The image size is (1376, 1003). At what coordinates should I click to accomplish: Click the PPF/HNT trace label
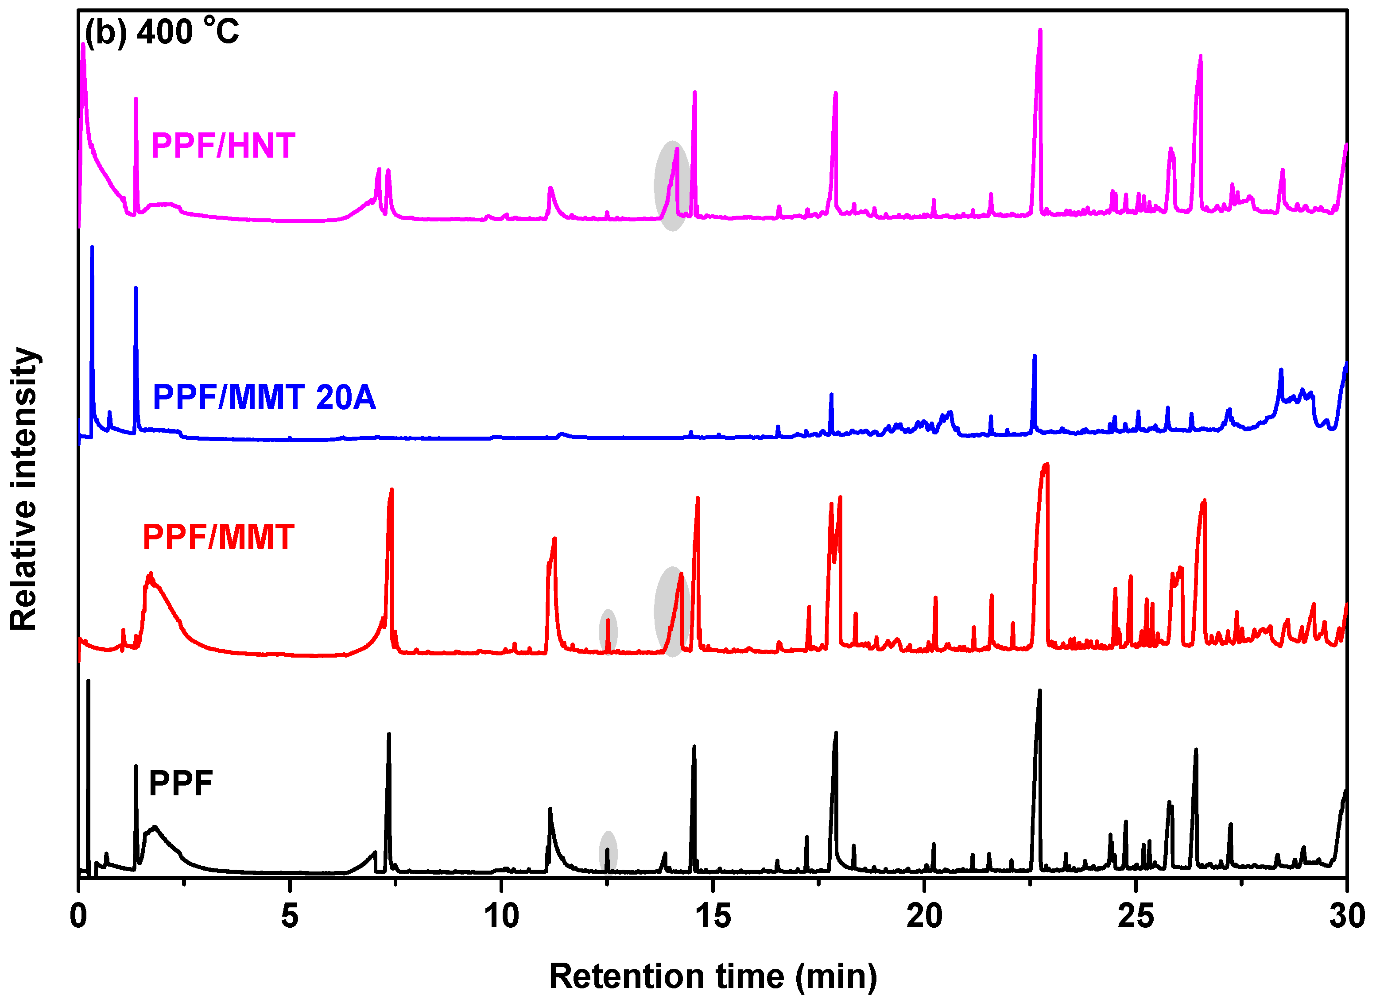tap(223, 146)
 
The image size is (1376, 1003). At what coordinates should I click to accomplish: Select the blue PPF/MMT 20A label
tap(264, 398)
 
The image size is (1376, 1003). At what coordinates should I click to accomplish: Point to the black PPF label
tap(181, 783)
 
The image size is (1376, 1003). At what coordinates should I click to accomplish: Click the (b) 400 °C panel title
tap(162, 31)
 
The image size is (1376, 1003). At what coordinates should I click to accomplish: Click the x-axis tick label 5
tap(290, 916)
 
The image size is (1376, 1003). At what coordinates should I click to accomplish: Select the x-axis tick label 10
tap(501, 916)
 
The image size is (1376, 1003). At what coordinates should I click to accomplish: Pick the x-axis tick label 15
tap(712, 916)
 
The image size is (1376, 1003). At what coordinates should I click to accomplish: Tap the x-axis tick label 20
tap(924, 916)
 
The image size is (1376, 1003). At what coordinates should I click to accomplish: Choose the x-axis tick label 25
tap(1135, 916)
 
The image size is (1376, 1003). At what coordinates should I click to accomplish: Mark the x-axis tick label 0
tap(78, 916)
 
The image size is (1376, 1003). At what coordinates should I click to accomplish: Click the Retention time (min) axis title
tap(713, 976)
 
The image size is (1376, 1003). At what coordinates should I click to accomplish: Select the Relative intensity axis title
tap(24, 489)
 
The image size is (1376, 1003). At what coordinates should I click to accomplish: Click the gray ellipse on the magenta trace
tap(671, 186)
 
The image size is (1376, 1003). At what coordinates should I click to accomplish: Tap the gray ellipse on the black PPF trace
tap(608, 852)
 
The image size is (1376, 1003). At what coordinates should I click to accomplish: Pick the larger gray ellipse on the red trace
tap(671, 612)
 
